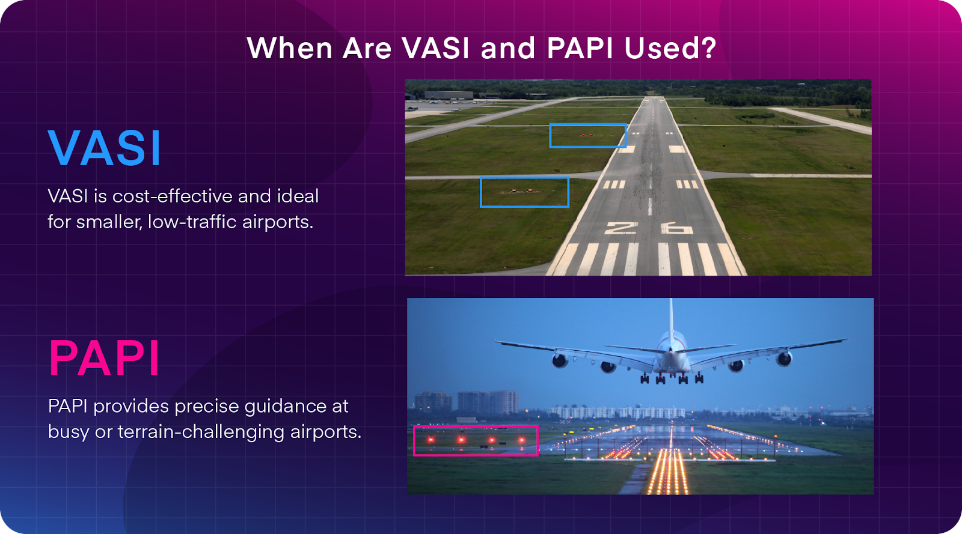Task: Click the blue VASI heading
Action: (x=105, y=148)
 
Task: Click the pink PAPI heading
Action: (x=104, y=359)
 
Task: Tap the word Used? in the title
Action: (x=670, y=48)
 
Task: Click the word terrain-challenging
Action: (x=201, y=432)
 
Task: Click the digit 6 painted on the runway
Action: (x=676, y=228)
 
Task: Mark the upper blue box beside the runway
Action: (x=587, y=136)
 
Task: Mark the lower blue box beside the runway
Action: (x=524, y=192)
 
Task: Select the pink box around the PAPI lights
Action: (x=475, y=440)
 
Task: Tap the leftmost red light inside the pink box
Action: (x=431, y=440)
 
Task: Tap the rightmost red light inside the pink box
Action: (x=521, y=440)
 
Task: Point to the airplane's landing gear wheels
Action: (x=672, y=378)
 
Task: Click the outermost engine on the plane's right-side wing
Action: (x=783, y=359)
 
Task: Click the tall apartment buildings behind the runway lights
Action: (x=488, y=402)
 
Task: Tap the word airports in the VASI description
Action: (x=277, y=222)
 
